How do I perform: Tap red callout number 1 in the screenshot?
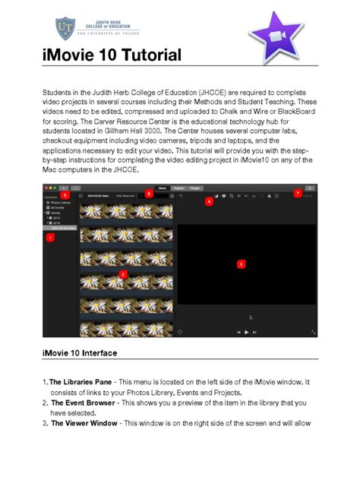50,238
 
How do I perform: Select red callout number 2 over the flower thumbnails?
124,273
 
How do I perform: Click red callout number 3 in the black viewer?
241,264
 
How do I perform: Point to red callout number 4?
209,201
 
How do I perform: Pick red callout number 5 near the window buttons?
65,194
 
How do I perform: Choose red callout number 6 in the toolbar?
149,194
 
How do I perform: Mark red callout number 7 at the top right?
298,194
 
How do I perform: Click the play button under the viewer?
246,332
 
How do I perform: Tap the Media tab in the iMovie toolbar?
162,187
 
